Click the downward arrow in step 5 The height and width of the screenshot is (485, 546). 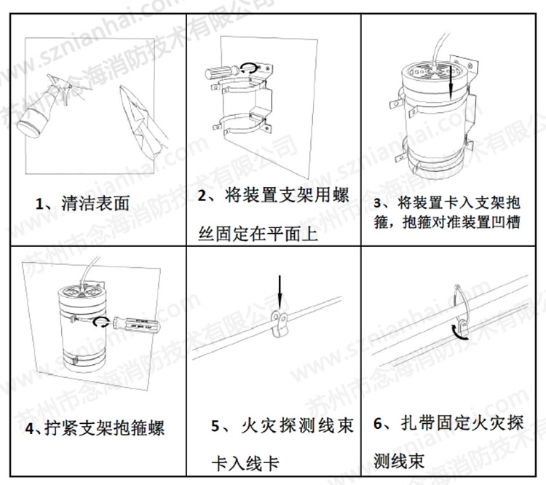pyautogui.click(x=278, y=292)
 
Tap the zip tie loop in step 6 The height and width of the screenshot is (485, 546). pyautogui.click(x=458, y=310)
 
